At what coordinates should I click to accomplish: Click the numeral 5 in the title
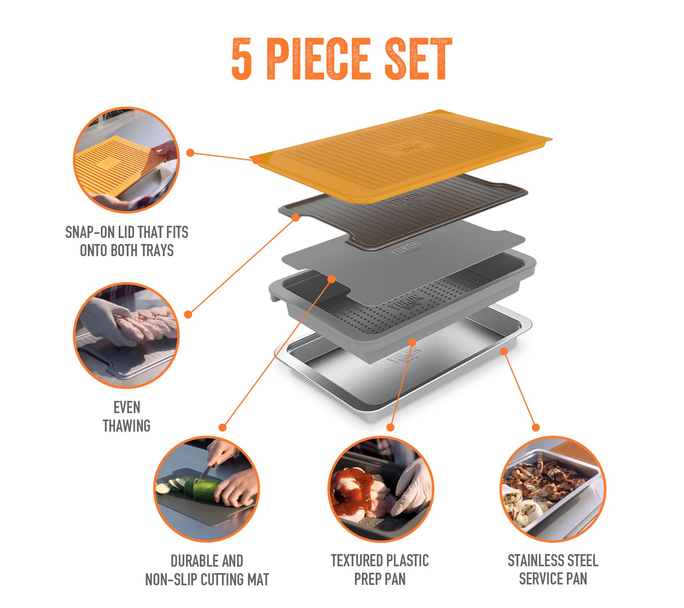[242, 59]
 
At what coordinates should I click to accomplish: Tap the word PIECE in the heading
[319, 59]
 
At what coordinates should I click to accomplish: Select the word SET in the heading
[418, 59]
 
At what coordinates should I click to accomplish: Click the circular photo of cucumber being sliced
[207, 489]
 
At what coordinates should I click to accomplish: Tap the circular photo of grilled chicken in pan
[553, 489]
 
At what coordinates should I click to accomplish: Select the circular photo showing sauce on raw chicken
[380, 489]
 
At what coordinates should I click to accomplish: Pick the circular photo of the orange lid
[126, 160]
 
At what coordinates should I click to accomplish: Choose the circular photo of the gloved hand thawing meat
[126, 336]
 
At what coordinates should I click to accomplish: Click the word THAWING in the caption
[126, 426]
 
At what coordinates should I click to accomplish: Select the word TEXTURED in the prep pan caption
[356, 561]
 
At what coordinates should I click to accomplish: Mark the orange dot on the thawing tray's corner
[295, 218]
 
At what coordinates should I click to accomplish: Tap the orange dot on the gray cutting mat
[331, 279]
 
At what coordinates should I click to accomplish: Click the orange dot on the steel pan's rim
[504, 351]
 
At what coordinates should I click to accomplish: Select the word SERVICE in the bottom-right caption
[540, 579]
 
